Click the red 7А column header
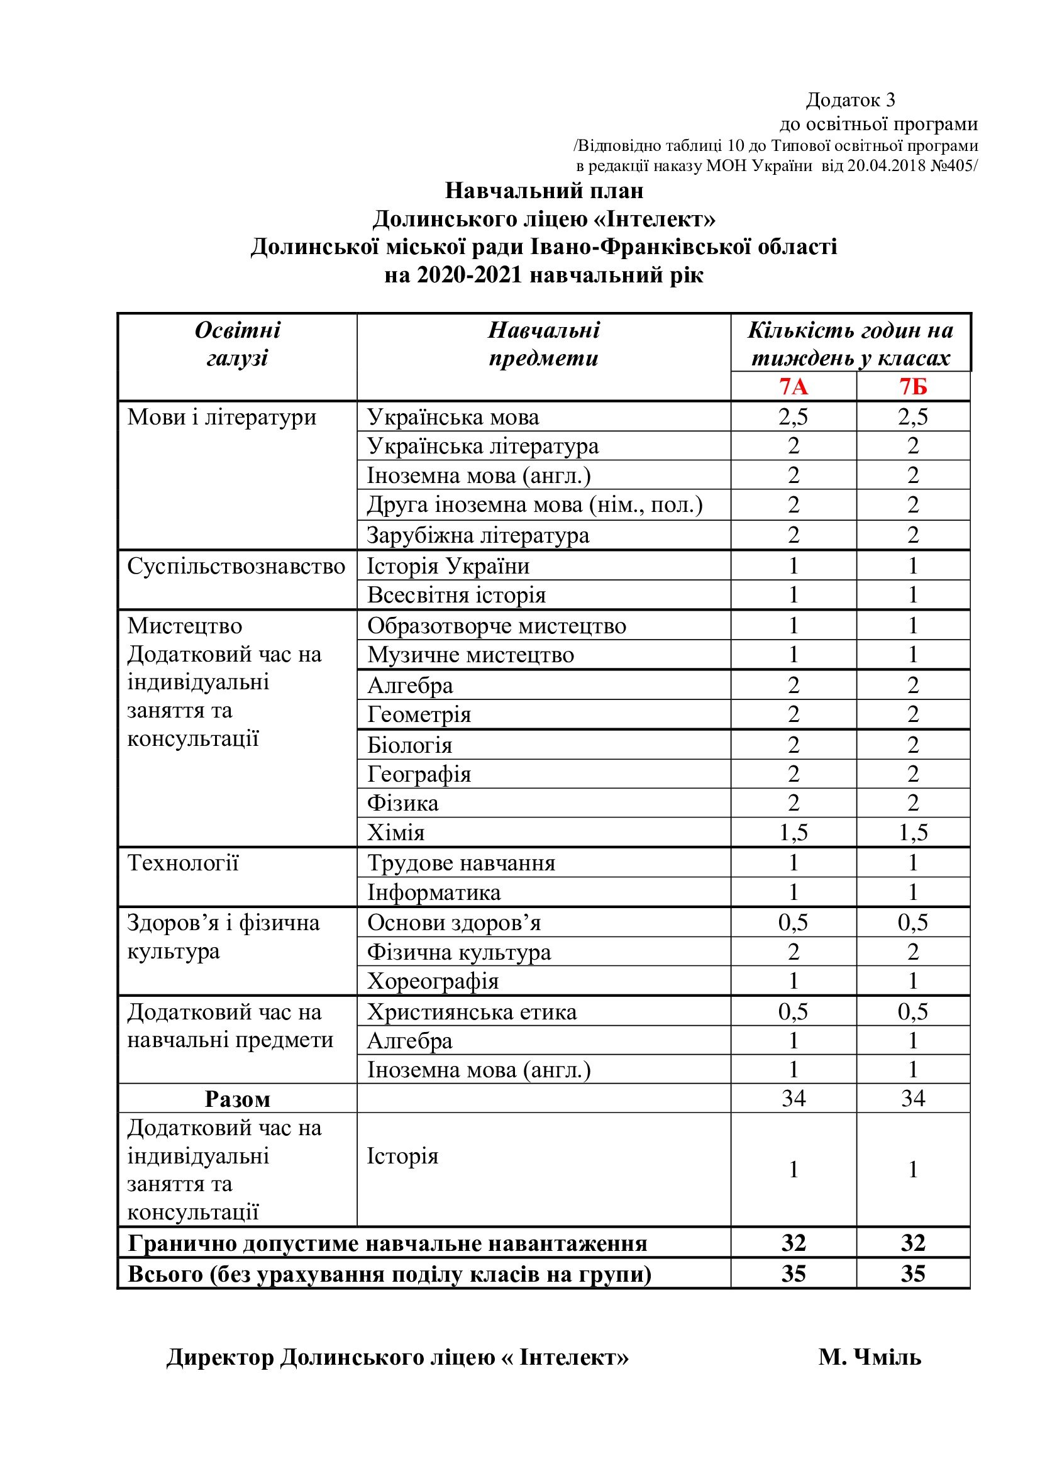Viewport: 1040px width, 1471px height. (x=793, y=386)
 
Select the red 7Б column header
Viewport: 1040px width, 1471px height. (x=912, y=386)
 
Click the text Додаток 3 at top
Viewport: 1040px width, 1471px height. (x=850, y=100)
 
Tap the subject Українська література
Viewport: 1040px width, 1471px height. (x=483, y=446)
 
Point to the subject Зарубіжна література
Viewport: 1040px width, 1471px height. (x=478, y=535)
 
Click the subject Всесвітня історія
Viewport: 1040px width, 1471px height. (x=456, y=595)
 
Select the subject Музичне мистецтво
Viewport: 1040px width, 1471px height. (x=471, y=655)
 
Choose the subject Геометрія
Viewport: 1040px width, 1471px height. (x=419, y=714)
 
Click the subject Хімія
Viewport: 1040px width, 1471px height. (x=396, y=832)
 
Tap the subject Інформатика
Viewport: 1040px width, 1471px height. (x=434, y=892)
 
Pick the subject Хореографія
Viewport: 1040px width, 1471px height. (x=433, y=981)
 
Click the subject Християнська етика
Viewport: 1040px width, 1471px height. (x=472, y=1012)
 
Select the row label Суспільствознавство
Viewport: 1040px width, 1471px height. (x=236, y=567)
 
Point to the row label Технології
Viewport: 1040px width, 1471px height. (x=182, y=863)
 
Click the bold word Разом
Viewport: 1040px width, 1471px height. (x=238, y=1099)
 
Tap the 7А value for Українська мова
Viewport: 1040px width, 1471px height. (x=793, y=417)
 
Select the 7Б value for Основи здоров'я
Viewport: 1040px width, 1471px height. (x=912, y=923)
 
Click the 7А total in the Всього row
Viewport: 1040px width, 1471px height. (x=793, y=1274)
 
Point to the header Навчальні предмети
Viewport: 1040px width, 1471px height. (x=544, y=344)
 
